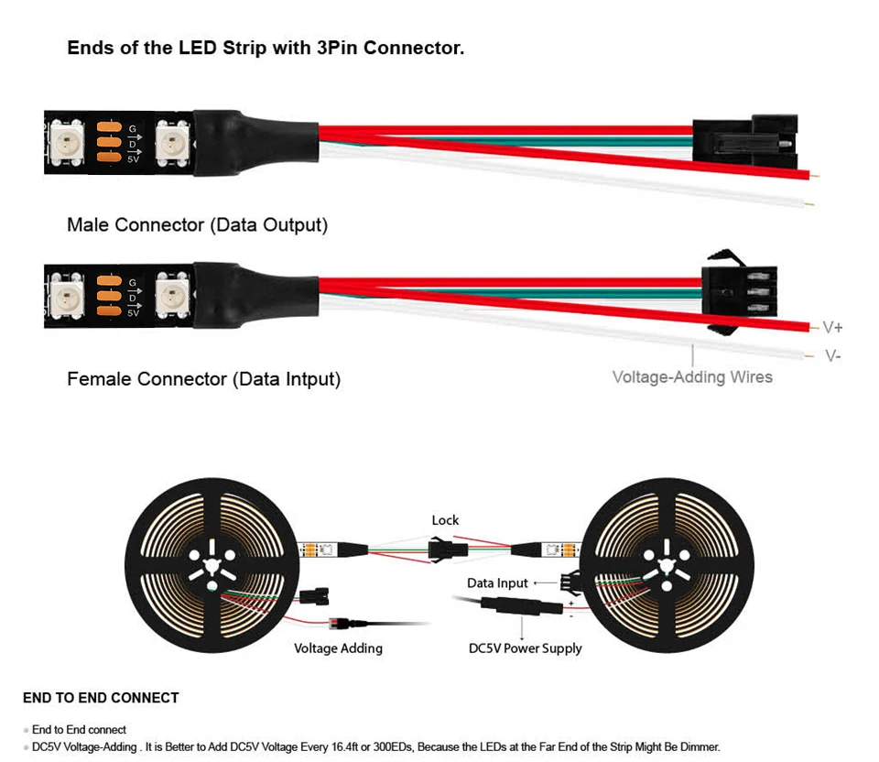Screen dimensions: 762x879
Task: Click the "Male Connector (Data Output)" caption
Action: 197,224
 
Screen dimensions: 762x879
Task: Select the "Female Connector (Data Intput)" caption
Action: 203,378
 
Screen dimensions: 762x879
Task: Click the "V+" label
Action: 832,327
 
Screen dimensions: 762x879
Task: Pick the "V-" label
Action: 832,355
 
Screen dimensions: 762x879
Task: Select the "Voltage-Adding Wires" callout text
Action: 692,376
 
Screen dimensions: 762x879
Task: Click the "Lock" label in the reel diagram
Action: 445,520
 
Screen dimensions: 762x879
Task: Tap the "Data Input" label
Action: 497,582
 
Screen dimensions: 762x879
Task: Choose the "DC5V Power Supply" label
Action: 525,648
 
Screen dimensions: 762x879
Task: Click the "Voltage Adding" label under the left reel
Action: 338,648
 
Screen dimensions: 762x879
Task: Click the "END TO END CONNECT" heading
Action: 101,698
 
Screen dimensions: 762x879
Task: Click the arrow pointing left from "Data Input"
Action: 546,582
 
